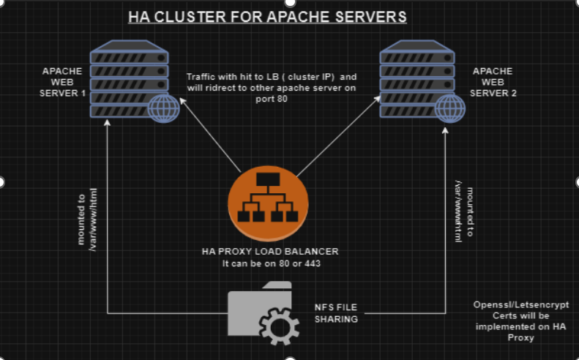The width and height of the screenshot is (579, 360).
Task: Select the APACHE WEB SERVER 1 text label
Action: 62,82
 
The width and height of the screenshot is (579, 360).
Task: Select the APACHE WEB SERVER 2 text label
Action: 493,82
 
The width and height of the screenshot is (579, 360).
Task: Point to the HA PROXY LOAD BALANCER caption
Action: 270,252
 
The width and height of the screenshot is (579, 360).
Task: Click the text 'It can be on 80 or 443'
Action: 270,263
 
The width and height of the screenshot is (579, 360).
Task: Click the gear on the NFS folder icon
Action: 280,325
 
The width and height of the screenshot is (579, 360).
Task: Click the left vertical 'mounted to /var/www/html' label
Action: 87,220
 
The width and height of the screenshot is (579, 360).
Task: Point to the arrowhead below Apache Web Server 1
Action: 108,123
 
